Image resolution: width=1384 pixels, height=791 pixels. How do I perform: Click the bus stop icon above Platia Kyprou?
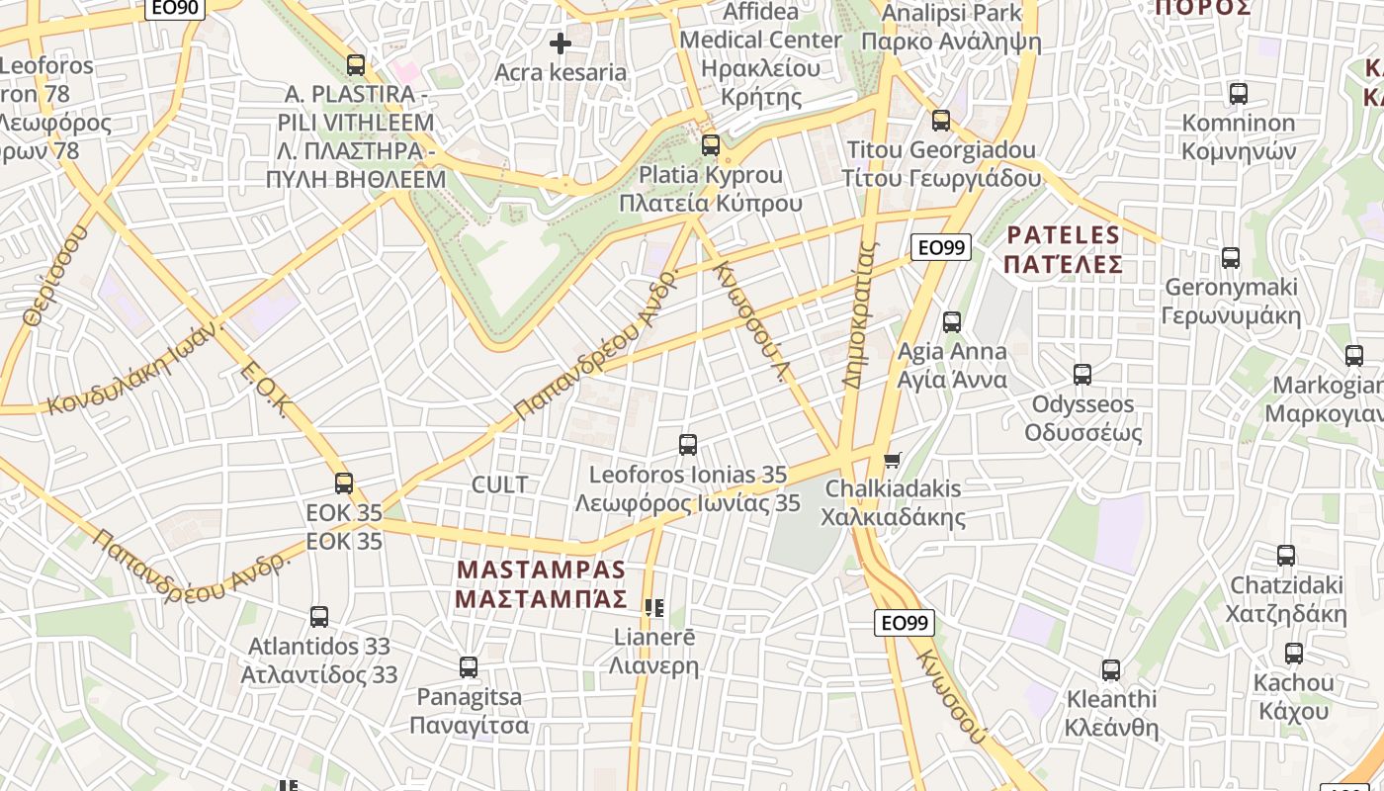pyautogui.click(x=710, y=146)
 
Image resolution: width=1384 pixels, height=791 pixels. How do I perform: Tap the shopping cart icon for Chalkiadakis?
pyautogui.click(x=892, y=460)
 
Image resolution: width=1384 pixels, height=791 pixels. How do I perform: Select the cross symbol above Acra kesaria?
pyautogui.click(x=561, y=44)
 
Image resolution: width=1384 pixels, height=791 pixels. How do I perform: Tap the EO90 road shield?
pyautogui.click(x=175, y=9)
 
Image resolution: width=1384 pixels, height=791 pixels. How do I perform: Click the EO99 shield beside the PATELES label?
pyautogui.click(x=940, y=247)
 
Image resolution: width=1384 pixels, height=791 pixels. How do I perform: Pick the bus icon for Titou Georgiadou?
pyautogui.click(x=941, y=121)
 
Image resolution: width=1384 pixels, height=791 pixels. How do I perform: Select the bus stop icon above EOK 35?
pyautogui.click(x=344, y=483)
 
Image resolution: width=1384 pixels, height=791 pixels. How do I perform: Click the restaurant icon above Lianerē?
pyautogui.click(x=653, y=607)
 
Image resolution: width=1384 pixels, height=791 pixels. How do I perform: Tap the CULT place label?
pyautogui.click(x=499, y=484)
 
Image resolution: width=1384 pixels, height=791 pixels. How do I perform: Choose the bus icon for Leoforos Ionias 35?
pyautogui.click(x=688, y=445)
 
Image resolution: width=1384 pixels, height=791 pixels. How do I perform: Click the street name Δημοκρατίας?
pyautogui.click(x=860, y=312)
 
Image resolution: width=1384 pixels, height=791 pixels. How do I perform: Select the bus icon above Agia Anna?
pyautogui.click(x=952, y=322)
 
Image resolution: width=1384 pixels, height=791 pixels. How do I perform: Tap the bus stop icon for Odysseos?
pyautogui.click(x=1082, y=375)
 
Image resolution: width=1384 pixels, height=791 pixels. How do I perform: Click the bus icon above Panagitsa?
pyautogui.click(x=469, y=667)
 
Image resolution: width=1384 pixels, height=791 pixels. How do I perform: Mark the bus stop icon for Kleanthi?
pyautogui.click(x=1111, y=670)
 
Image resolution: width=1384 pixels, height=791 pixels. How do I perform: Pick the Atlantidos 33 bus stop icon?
pyautogui.click(x=319, y=617)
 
